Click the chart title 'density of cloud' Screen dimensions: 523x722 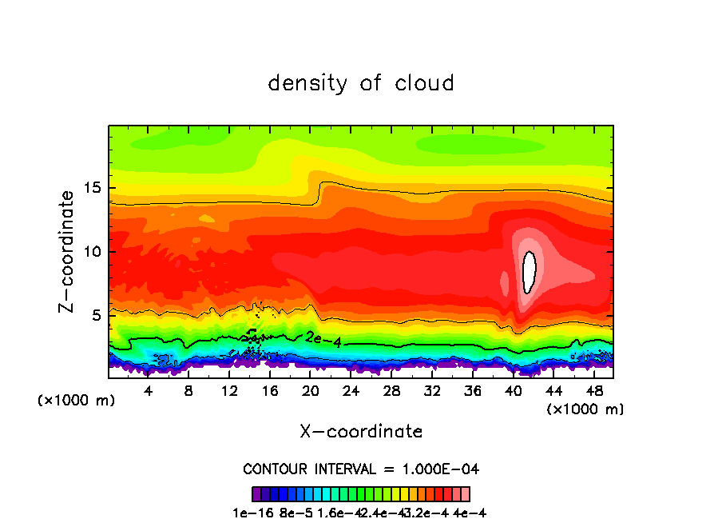pos(361,83)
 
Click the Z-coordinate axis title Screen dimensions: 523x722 pos(68,250)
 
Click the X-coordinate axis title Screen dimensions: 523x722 pos(361,432)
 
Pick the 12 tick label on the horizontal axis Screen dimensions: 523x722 pos(229,390)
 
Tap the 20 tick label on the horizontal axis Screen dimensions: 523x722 pos(310,390)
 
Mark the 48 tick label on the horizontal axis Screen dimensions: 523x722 pos(593,390)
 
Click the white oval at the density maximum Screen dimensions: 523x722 pos(529,272)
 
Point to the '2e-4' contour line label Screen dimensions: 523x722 pos(323,339)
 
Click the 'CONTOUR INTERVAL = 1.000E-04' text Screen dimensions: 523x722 pos(361,469)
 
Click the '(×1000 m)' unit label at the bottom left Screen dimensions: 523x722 pos(77,401)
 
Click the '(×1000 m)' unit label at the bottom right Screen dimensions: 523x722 pos(585,409)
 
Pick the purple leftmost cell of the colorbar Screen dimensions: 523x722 pos(256,493)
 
